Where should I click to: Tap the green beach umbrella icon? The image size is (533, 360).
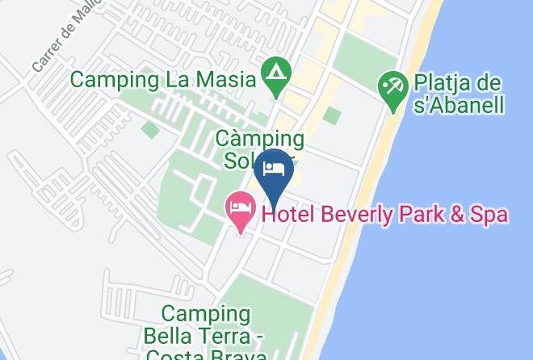click(x=393, y=89)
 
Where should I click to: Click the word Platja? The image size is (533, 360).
click(x=446, y=83)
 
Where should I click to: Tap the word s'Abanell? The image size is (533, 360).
click(x=458, y=105)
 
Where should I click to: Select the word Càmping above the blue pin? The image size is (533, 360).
click(x=260, y=139)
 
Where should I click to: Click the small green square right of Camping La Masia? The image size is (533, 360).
click(x=331, y=115)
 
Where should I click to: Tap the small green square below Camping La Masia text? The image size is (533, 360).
click(x=149, y=129)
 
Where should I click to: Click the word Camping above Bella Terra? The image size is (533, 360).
click(x=205, y=313)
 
